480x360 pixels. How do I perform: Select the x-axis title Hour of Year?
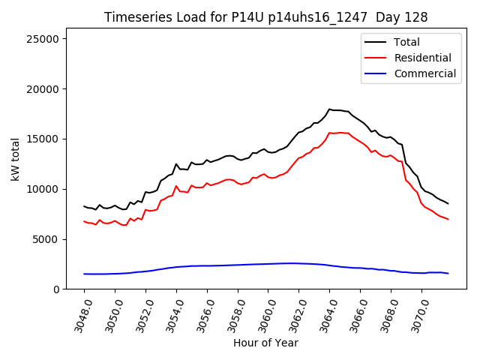[265, 343]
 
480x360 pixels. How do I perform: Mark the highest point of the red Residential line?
[340, 133]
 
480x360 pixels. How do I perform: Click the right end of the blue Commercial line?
[448, 273]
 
